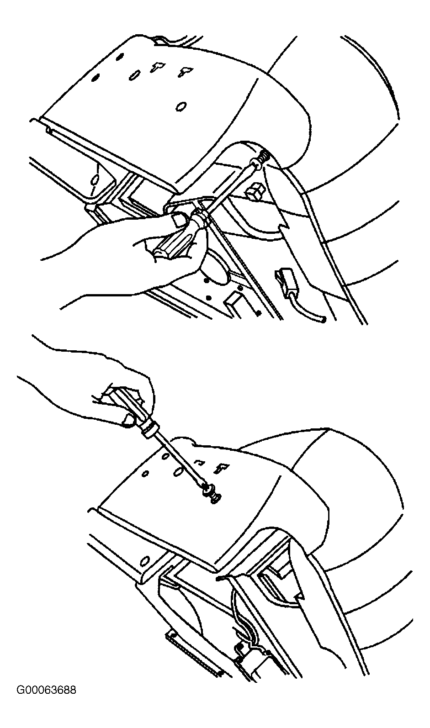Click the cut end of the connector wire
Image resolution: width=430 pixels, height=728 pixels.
tap(323, 320)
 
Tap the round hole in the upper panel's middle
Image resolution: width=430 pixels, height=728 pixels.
tap(181, 106)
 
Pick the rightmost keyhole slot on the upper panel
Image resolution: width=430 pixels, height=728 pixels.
tap(186, 72)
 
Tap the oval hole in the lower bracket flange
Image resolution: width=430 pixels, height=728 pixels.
tap(145, 561)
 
